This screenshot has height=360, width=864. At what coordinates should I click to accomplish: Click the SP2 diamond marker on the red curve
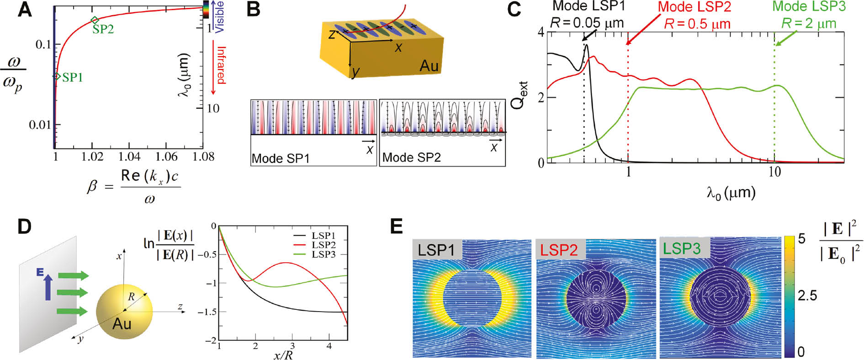(x=95, y=20)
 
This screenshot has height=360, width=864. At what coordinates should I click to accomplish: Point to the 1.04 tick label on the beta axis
(x=129, y=157)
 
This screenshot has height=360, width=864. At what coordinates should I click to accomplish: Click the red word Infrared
(x=221, y=65)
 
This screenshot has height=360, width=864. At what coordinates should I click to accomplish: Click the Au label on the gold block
(x=429, y=66)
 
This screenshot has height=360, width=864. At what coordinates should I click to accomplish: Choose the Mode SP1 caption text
(x=281, y=159)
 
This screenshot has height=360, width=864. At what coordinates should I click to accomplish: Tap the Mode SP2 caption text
(x=411, y=158)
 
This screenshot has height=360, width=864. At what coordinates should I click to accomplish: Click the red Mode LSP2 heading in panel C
(x=694, y=7)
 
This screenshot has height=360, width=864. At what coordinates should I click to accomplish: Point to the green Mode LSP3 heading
(x=809, y=6)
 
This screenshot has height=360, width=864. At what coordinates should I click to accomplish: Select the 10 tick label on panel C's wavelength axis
(x=774, y=172)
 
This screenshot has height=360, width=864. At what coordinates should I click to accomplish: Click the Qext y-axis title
(x=519, y=95)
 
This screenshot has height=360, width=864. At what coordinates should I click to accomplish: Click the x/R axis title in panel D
(x=283, y=354)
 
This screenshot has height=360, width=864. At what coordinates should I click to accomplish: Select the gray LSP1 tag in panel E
(x=437, y=249)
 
